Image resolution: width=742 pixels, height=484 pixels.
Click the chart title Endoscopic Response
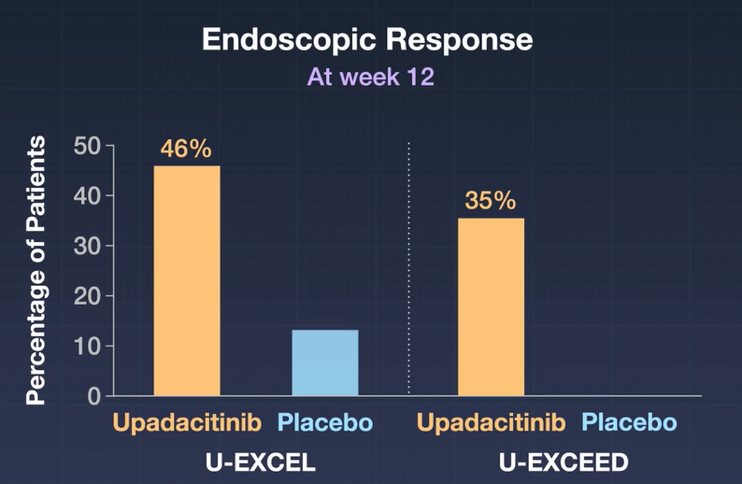pos(367,40)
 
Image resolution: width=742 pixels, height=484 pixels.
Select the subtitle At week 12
pos(371,77)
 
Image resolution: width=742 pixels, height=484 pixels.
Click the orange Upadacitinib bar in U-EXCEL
pos(187,280)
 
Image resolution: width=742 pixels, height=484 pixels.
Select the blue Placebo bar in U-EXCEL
pos(324,363)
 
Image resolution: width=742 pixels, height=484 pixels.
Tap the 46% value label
pos(186,149)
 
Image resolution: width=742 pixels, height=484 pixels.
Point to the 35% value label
pos(491,202)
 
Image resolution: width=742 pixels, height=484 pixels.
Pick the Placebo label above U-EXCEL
pos(325,423)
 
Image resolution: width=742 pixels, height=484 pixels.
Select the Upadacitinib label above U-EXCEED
pos(491,423)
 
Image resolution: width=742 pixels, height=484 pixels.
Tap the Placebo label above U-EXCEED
pos(628,423)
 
